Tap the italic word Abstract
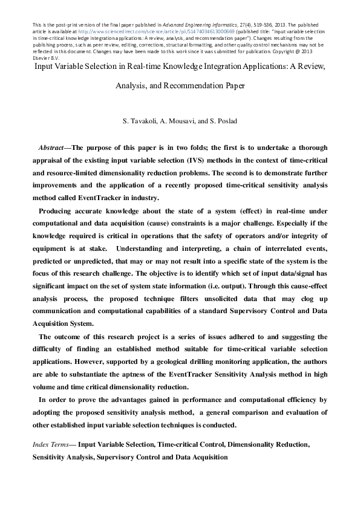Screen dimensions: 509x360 pyautogui.click(x=51, y=148)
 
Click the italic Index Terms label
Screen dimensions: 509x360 pyautogui.click(x=50, y=444)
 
